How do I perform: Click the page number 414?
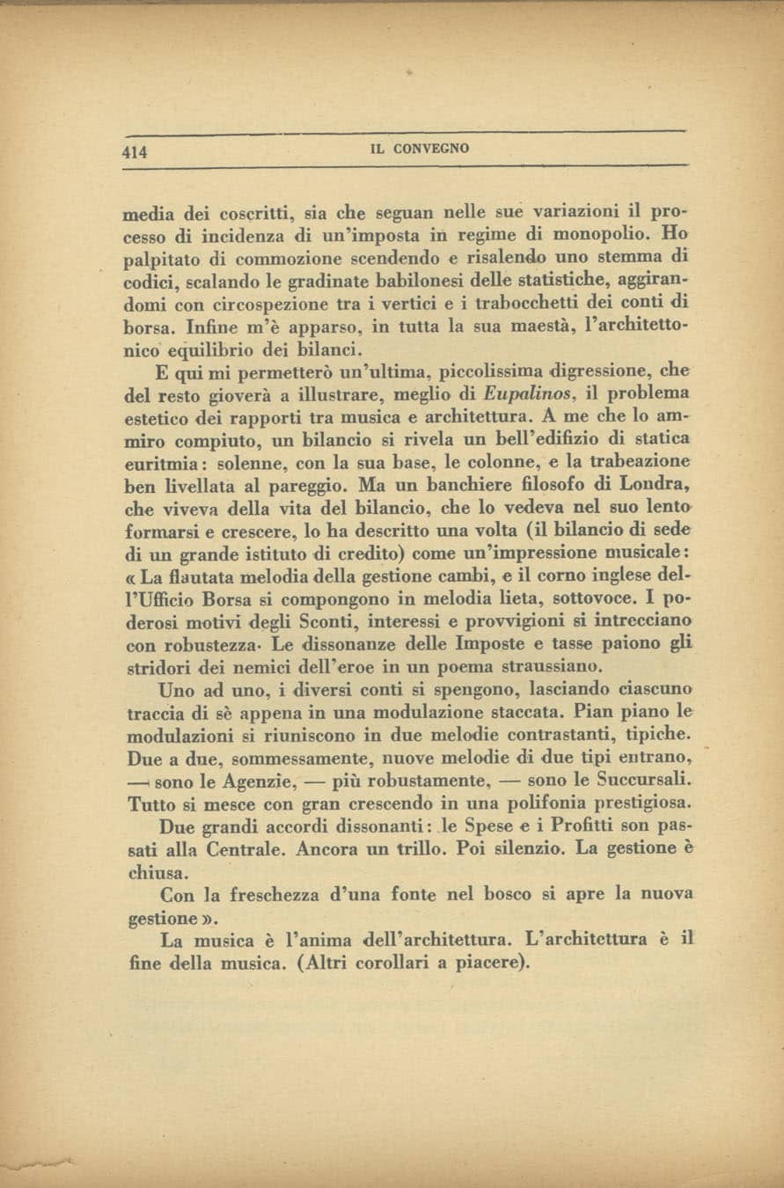(135, 150)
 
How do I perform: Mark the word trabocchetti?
(542, 303)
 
